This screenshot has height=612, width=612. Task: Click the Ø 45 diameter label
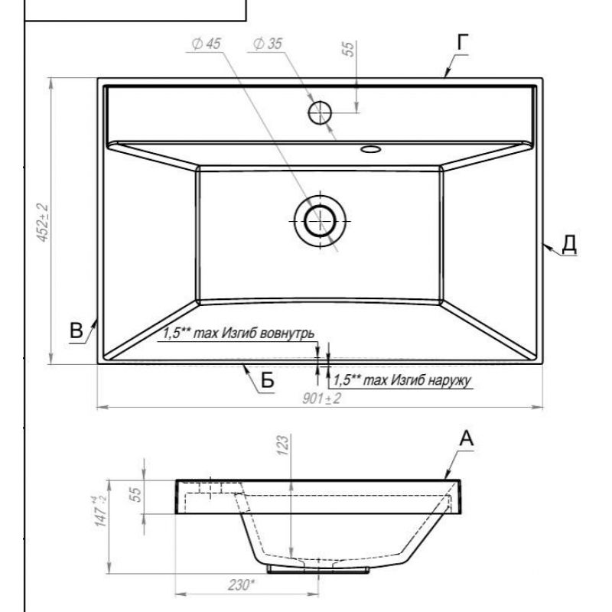[206, 44]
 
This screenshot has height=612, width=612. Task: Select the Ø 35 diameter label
[268, 44]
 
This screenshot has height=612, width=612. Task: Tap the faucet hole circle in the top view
[320, 112]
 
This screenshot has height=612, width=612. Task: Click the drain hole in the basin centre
[320, 221]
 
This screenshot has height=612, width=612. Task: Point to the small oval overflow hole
[370, 148]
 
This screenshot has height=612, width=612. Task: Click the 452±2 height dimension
[43, 223]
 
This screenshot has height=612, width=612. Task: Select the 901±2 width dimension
[321, 399]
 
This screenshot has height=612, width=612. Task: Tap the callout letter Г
[463, 42]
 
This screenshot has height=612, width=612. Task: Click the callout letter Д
[569, 244]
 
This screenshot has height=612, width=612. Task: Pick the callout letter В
[76, 330]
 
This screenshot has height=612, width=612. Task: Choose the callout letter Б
[267, 379]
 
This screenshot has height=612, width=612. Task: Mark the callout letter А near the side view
[466, 438]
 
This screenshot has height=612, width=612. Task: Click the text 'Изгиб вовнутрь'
[268, 334]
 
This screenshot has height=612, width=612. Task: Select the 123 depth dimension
[283, 444]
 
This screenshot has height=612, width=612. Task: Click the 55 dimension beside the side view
[135, 494]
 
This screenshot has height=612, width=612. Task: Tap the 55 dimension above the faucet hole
[349, 49]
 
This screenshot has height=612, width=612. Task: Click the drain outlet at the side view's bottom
[318, 570]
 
